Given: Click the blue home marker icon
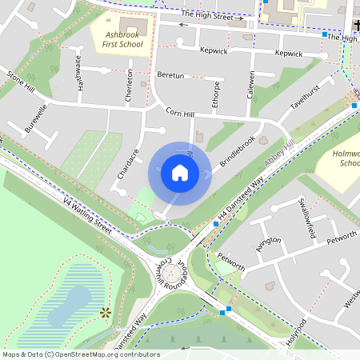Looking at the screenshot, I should (x=180, y=173).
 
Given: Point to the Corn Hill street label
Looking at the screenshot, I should (x=180, y=114).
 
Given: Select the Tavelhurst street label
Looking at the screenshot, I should (x=305, y=97).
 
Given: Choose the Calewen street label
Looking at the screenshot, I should (x=250, y=84).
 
